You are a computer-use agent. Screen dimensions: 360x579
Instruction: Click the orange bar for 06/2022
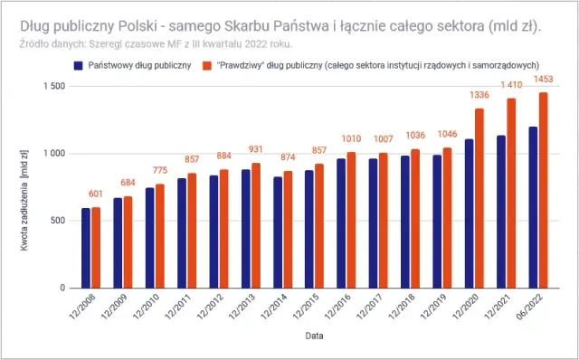tap(544, 190)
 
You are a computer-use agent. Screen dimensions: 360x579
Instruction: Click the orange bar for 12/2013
tap(256, 225)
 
